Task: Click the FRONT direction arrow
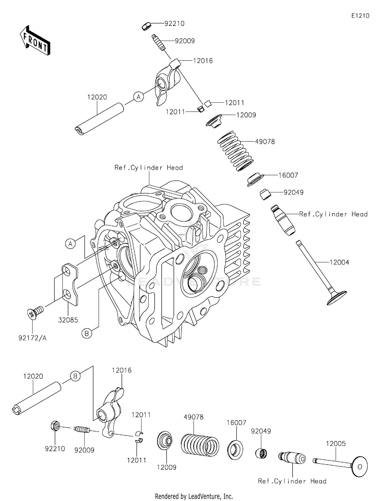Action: pyautogui.click(x=35, y=41)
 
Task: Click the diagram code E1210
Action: pyautogui.click(x=360, y=16)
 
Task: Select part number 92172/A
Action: pyautogui.click(x=33, y=338)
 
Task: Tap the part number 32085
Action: pyautogui.click(x=68, y=320)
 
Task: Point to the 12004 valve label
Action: pyautogui.click(x=339, y=262)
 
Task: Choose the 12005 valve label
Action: pyautogui.click(x=336, y=443)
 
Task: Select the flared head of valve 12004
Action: pyautogui.click(x=337, y=298)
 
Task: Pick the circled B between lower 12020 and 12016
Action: pyautogui.click(x=75, y=376)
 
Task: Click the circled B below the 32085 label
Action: pyautogui.click(x=87, y=333)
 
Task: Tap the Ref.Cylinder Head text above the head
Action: pyautogui.click(x=149, y=168)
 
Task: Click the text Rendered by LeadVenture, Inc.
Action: pyautogui.click(x=194, y=496)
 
